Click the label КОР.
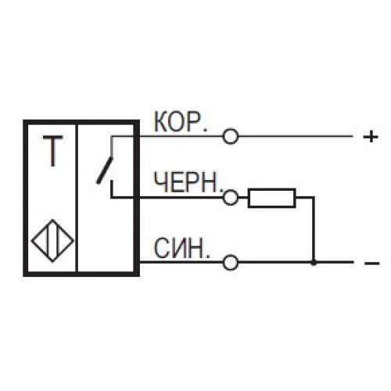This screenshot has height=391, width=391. coord(181,122)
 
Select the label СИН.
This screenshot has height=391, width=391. coord(181,248)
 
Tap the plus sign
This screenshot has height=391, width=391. coord(371,137)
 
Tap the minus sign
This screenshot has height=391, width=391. coord(372,264)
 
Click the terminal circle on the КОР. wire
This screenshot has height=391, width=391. coord(231,136)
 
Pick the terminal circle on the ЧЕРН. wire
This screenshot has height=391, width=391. coord(231,197)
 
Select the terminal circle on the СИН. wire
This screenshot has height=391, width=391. coord(231,262)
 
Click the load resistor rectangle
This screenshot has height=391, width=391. coord(272,198)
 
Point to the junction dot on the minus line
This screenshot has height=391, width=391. coord(314,262)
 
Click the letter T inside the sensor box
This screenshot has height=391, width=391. coord(53,151)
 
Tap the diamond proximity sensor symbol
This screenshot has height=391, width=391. coord(52,240)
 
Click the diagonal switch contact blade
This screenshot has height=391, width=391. coord(105,170)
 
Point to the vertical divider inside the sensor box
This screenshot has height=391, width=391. coord(77,198)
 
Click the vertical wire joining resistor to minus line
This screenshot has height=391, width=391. coord(314,229)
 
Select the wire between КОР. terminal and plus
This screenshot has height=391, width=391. coord(296,136)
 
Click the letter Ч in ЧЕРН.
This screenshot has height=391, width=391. coord(160,182)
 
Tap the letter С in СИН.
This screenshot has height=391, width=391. coord(162,248)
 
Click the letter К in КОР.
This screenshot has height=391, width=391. coord(161,122)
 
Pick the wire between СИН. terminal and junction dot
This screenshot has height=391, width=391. coord(274,262)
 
